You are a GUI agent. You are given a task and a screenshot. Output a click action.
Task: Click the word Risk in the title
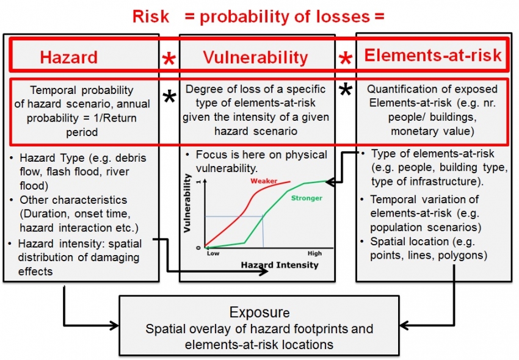151,16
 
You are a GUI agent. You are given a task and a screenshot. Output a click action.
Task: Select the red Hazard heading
69,57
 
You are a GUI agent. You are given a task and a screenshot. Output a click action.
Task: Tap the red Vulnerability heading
255,57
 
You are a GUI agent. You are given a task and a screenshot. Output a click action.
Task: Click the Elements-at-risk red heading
433,55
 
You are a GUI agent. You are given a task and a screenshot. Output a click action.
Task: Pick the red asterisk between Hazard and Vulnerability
169,60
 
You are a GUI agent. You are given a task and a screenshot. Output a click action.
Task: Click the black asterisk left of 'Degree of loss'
170,96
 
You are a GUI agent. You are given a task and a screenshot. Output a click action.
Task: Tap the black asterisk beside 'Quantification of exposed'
346,89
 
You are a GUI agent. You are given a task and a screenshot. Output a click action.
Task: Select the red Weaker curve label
264,181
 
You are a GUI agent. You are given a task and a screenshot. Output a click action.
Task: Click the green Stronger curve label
307,198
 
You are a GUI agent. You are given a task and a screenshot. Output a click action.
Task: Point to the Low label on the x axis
213,253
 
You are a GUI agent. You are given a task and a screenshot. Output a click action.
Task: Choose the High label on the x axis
314,253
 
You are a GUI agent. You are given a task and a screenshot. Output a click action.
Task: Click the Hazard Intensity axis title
280,265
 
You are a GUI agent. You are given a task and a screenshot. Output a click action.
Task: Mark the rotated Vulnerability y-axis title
187,203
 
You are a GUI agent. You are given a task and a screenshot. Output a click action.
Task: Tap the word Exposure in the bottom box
259,312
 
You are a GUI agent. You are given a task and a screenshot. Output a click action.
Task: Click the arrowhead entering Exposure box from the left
115,325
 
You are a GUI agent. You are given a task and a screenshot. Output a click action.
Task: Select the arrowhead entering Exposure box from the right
404,325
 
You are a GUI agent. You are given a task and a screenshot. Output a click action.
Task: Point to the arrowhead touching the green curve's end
330,182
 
